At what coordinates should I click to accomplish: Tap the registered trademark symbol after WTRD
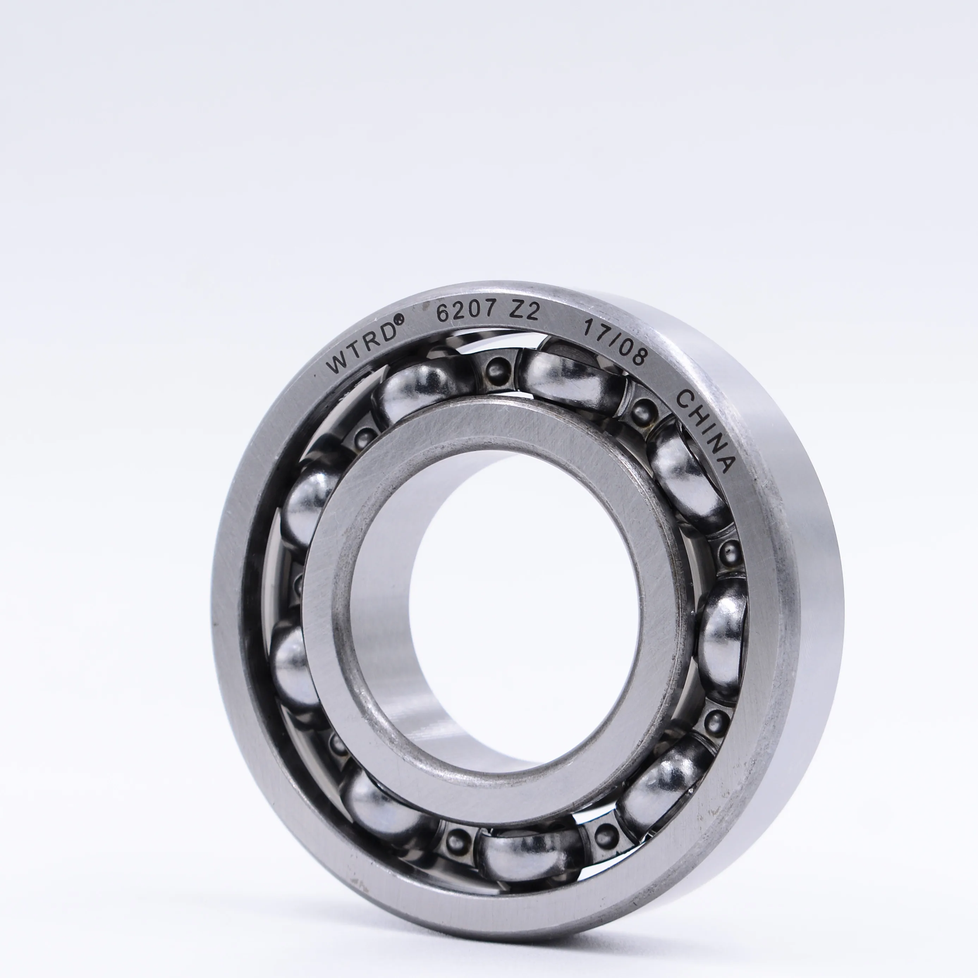click(x=399, y=319)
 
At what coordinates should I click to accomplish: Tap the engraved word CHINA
click(x=706, y=430)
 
